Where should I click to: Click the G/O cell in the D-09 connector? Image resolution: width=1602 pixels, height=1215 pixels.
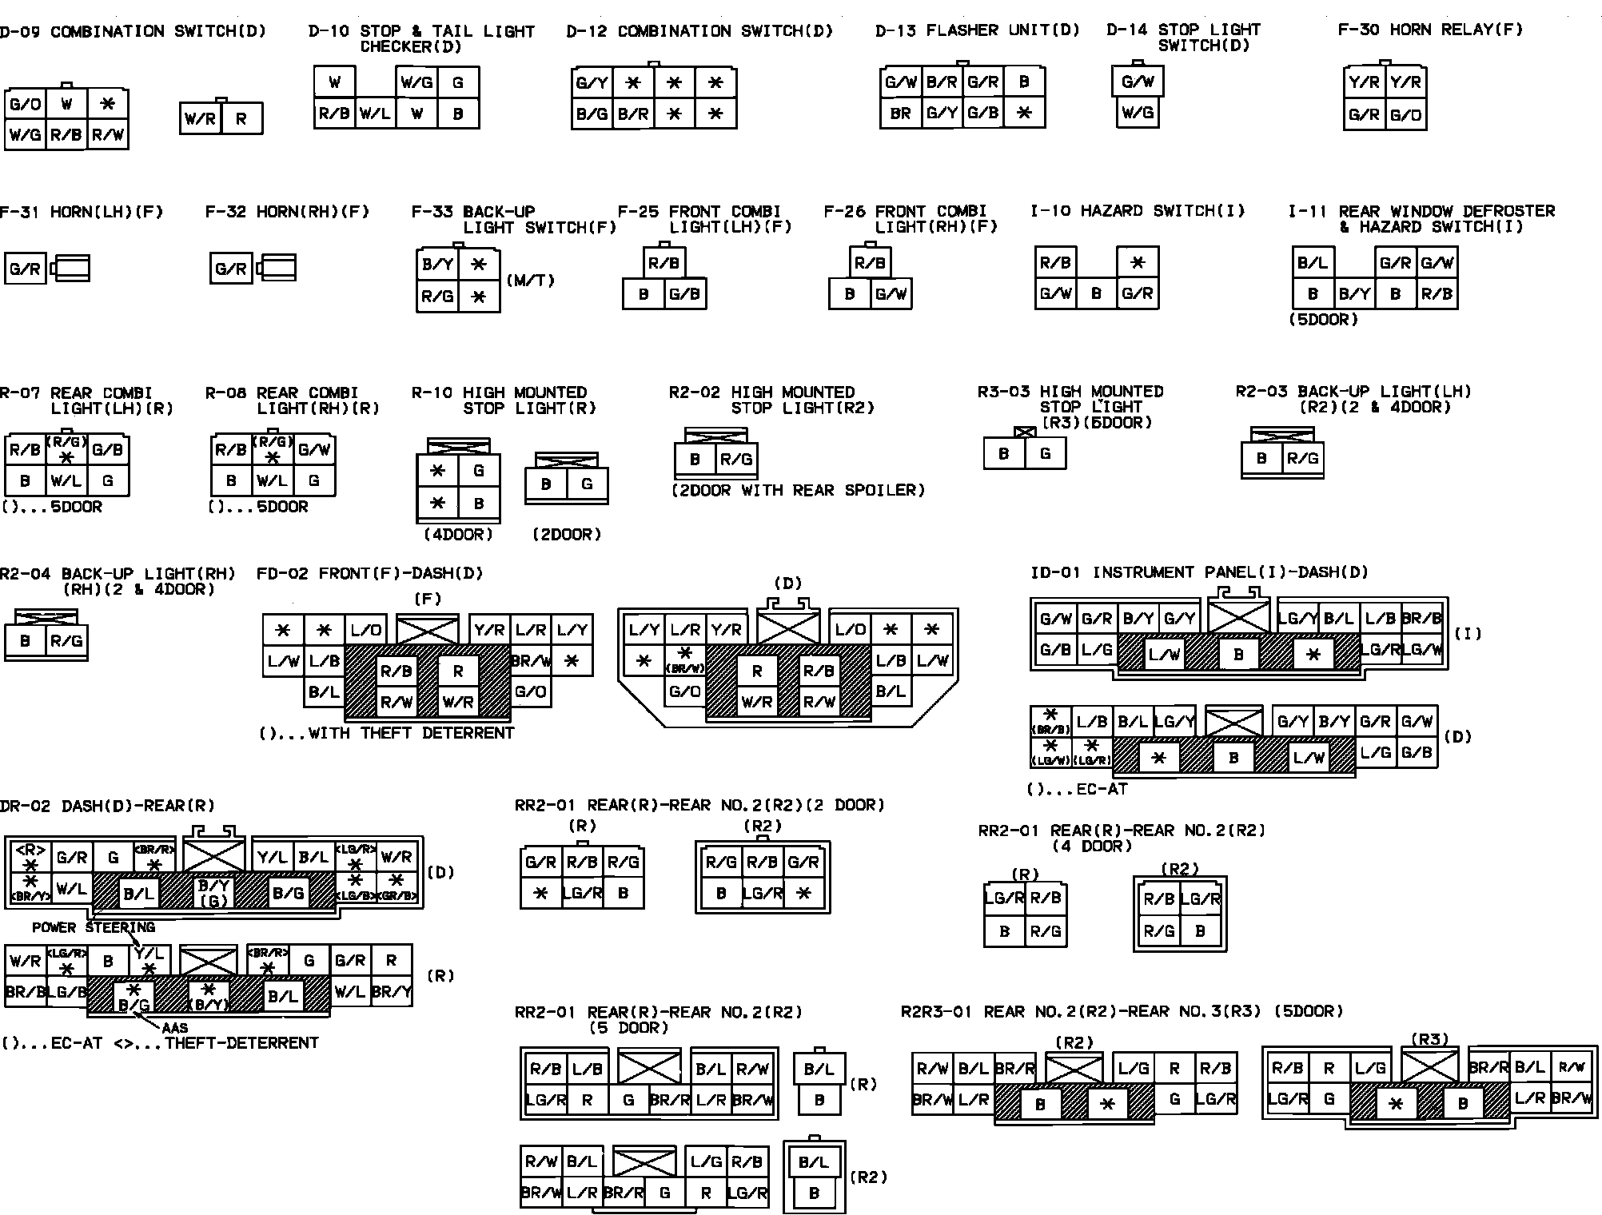point(26,104)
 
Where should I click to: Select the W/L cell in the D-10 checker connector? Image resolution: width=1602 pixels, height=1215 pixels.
point(375,114)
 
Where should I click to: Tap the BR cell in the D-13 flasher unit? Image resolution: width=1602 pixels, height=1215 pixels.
point(900,114)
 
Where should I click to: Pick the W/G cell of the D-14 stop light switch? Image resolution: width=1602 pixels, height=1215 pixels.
point(1137,113)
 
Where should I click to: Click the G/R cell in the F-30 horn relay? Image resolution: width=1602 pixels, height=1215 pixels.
point(1364,114)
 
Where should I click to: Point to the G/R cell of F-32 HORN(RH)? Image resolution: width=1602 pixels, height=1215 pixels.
point(230,269)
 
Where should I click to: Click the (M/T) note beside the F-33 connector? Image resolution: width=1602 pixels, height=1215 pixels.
point(530,281)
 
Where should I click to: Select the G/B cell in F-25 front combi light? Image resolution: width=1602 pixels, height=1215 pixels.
point(684,294)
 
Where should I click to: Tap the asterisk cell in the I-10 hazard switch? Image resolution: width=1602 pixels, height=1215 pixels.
point(1138,262)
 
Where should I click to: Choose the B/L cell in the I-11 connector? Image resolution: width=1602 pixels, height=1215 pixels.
point(1313,262)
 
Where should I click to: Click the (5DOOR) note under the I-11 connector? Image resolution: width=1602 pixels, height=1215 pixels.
point(1323,320)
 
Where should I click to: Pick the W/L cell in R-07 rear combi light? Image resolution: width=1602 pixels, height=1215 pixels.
point(66,480)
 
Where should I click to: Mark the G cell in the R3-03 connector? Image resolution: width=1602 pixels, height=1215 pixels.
point(1045,453)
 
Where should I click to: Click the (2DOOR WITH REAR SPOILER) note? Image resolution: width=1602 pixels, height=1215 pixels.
point(797,490)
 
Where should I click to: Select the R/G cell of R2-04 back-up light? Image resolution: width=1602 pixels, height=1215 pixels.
point(66,640)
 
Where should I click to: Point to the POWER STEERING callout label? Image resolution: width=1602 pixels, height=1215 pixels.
point(94,927)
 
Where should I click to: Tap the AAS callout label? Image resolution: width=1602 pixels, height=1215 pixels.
point(174,1027)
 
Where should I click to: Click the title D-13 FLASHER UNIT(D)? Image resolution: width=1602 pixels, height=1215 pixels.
point(977,30)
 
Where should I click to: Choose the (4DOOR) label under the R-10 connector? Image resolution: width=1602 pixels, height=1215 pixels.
point(457,534)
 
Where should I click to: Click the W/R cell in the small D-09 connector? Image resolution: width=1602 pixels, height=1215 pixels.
point(200,120)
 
